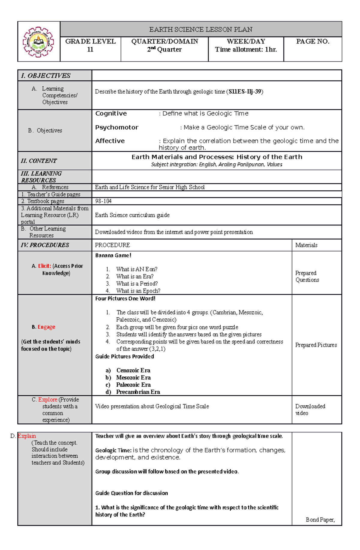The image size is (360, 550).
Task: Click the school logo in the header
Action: [38, 42]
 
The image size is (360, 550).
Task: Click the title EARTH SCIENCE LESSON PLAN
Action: [201, 29]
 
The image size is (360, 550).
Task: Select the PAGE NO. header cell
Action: [313, 42]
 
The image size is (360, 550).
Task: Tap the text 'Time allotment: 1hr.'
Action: [246, 49]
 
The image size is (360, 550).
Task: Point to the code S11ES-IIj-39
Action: [244, 92]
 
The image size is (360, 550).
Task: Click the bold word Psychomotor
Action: [117, 127]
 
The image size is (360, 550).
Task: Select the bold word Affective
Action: [110, 141]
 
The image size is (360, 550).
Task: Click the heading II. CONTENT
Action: [39, 161]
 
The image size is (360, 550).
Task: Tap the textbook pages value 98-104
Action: [103, 201]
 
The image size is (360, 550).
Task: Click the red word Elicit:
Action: [44, 266]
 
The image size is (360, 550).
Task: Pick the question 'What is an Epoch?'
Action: [138, 291]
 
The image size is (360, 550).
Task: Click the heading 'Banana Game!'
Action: [113, 255]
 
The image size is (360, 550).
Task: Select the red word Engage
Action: [46, 327]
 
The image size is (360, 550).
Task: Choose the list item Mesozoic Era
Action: [133, 378]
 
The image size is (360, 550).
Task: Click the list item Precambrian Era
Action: [138, 392]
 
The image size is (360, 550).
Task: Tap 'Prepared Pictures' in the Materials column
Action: [316, 345]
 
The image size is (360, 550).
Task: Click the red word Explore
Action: [47, 400]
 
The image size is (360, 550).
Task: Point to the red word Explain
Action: [27, 436]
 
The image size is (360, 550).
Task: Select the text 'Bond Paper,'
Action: [320, 520]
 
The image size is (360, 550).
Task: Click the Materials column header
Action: [306, 245]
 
